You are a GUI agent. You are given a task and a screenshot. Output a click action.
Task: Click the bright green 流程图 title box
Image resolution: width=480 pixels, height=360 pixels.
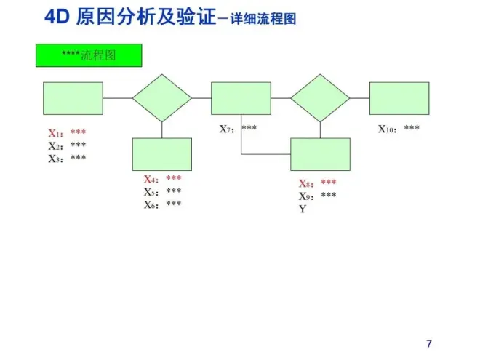tap(89, 55)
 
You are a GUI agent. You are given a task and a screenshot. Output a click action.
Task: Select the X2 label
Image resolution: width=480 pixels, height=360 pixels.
tap(56, 146)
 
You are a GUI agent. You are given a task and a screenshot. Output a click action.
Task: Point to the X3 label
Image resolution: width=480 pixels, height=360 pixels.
tap(56, 159)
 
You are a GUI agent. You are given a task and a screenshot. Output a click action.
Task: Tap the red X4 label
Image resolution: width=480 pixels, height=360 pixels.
tap(151, 179)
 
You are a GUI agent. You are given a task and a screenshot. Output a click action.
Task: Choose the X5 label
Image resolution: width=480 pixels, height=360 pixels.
tap(151, 192)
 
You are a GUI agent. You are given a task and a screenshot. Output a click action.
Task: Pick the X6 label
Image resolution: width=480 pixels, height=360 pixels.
tap(151, 205)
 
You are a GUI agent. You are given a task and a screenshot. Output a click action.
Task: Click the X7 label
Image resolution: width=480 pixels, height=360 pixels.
tap(227, 129)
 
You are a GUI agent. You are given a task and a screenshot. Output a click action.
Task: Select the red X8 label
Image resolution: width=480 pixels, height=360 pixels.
tap(306, 183)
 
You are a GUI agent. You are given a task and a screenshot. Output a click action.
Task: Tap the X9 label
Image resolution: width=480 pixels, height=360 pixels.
tap(306, 196)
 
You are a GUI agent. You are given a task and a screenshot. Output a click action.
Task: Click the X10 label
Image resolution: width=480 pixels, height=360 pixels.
tap(388, 129)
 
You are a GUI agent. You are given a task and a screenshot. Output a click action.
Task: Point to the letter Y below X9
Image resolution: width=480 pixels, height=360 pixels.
tap(303, 209)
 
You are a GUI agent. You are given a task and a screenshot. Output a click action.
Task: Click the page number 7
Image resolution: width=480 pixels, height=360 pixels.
tap(429, 344)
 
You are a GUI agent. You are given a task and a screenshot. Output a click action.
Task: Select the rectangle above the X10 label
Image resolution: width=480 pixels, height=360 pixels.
tap(399, 98)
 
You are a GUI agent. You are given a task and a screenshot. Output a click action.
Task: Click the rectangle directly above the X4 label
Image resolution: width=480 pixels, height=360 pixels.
tap(162, 154)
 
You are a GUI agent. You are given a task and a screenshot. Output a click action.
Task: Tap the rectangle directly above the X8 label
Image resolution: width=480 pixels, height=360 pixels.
tap(320, 154)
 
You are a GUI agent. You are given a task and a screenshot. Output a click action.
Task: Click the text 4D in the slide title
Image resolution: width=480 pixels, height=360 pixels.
tap(57, 17)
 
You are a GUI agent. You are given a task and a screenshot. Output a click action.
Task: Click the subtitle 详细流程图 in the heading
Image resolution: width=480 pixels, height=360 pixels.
tap(263, 19)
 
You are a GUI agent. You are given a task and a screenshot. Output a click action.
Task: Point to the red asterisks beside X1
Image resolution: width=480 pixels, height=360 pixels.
tap(78, 132)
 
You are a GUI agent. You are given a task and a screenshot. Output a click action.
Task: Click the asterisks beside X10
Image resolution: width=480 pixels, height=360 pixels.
tap(412, 127)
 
